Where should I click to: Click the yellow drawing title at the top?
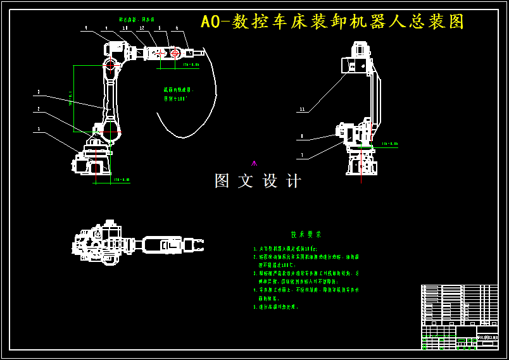click(x=332, y=22)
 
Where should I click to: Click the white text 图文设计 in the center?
click(x=258, y=181)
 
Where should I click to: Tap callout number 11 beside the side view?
click(x=302, y=109)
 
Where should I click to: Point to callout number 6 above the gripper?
click(x=177, y=28)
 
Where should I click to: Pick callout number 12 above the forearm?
click(x=142, y=28)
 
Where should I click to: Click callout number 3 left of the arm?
click(x=38, y=92)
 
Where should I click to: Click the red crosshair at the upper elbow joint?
click(x=110, y=65)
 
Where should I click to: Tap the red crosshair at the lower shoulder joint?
click(x=110, y=132)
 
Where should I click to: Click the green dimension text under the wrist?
click(x=191, y=65)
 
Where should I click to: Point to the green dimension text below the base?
click(x=121, y=180)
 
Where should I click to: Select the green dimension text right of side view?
click(x=390, y=144)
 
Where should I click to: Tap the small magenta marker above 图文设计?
click(x=254, y=163)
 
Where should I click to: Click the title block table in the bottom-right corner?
click(x=460, y=316)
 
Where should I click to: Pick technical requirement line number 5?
click(x=276, y=307)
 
